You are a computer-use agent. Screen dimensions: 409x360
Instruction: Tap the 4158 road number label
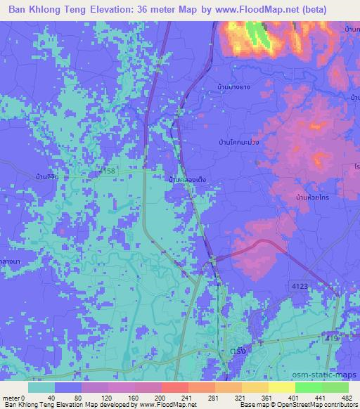[x=107, y=171]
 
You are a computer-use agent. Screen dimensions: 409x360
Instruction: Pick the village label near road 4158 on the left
[x=47, y=177]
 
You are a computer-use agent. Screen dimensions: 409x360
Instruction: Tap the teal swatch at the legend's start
[x=41, y=387]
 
